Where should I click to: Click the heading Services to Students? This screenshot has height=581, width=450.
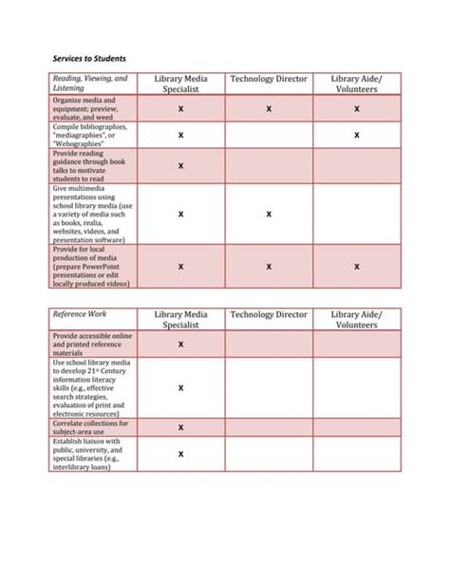coord(88,58)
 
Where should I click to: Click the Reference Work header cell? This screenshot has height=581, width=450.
coord(81,313)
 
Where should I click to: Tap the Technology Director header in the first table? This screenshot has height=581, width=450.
coord(269,79)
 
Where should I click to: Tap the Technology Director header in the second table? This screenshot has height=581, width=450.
coord(269,313)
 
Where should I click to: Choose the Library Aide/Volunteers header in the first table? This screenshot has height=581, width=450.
coord(356,84)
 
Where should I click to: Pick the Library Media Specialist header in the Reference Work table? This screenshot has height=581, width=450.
coord(180,319)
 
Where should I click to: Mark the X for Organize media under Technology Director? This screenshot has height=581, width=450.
coord(269,109)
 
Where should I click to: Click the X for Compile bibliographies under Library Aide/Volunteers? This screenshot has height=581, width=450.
coord(356,135)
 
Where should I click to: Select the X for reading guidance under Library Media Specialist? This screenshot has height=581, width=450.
coord(180,166)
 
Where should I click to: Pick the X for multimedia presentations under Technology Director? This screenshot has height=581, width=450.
coord(269,215)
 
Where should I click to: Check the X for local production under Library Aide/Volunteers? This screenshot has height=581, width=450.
coord(356,267)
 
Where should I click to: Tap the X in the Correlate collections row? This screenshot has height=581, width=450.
coord(180,427)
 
